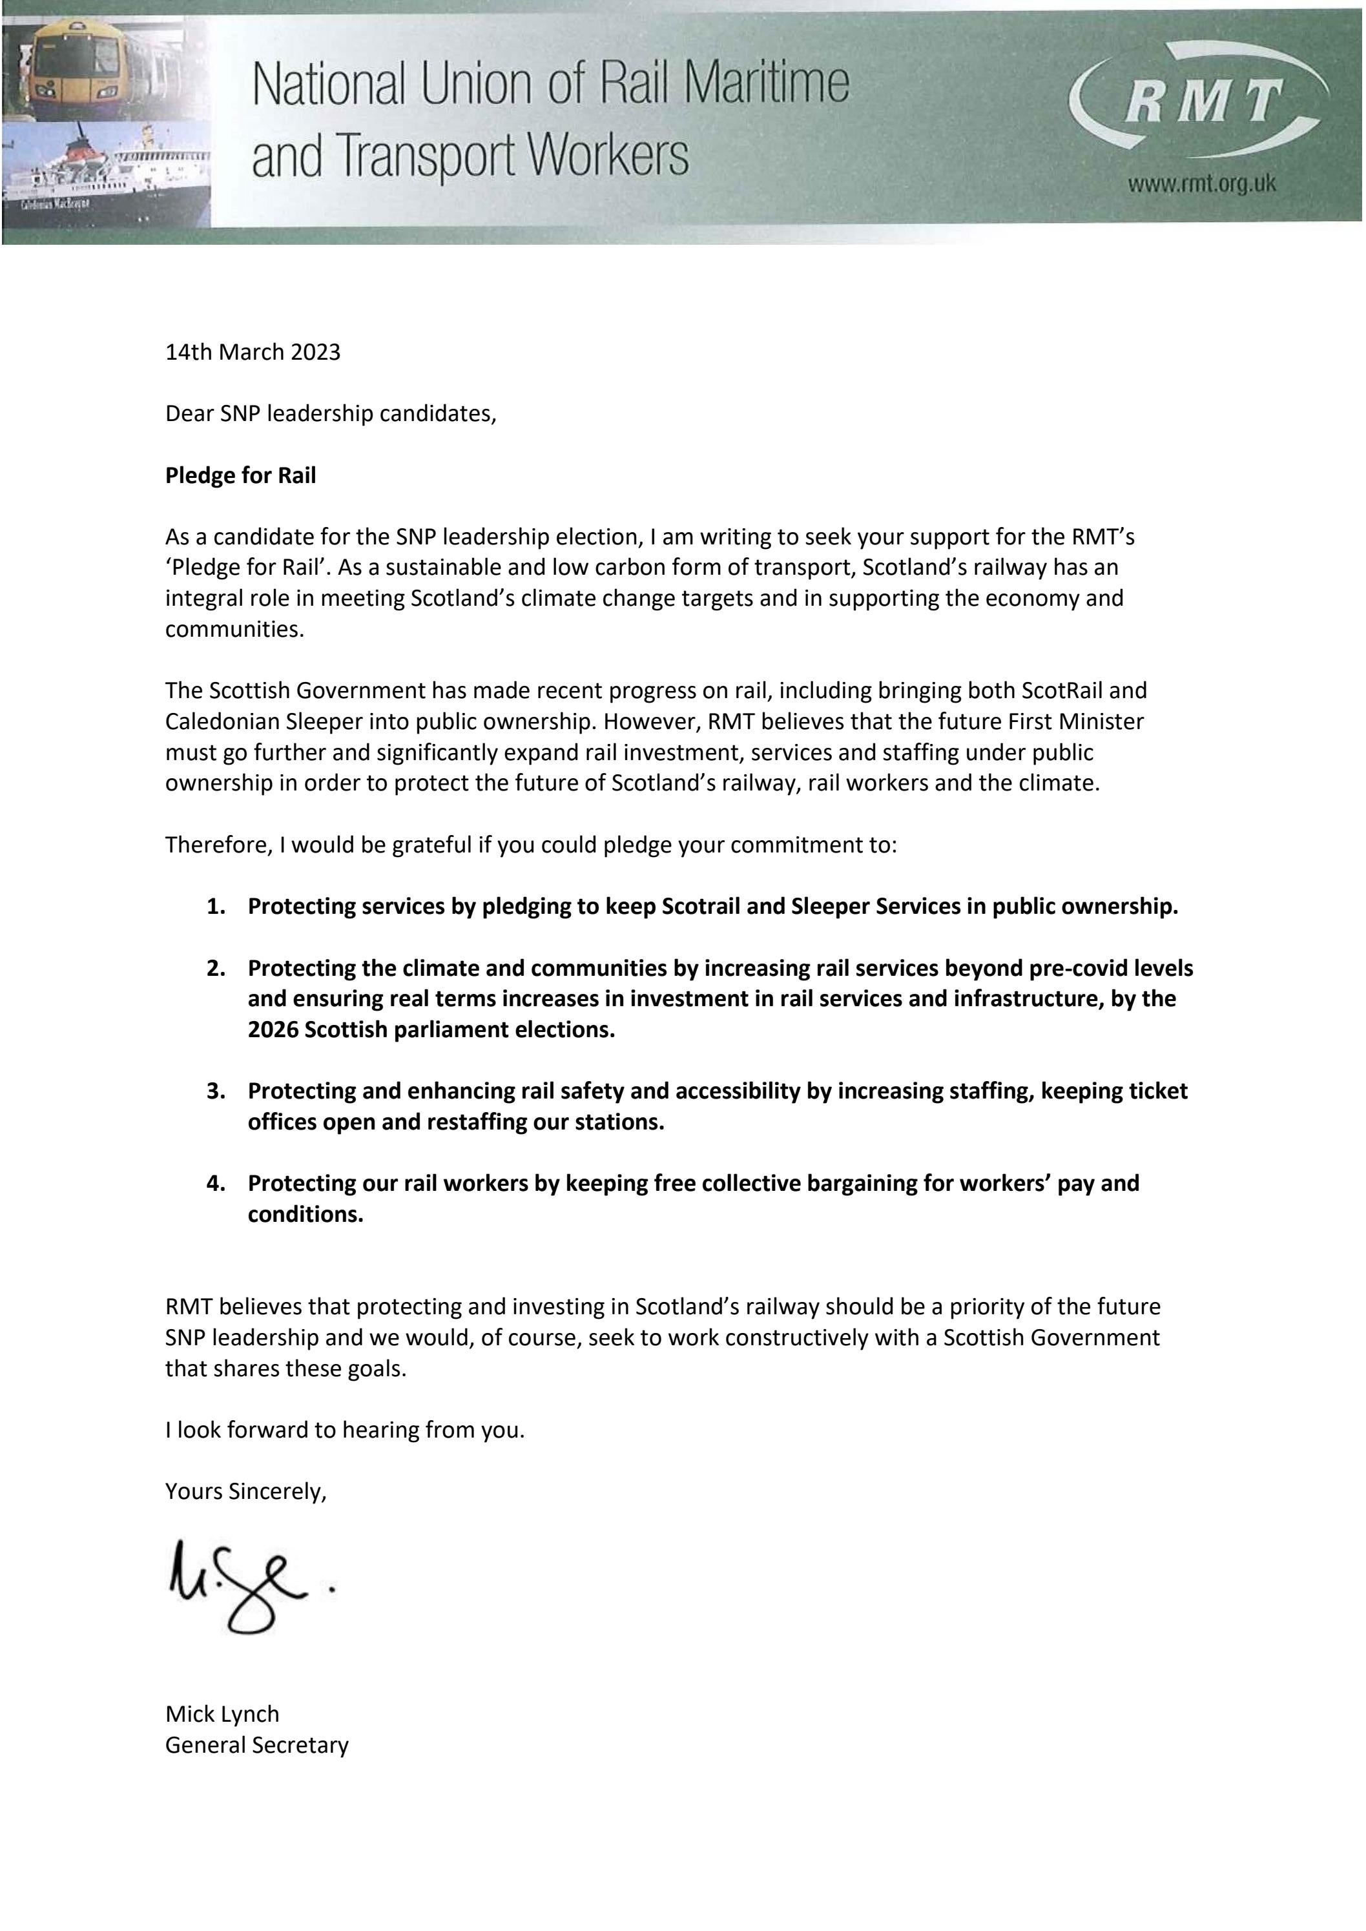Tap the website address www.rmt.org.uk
(1201, 183)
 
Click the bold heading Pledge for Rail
(240, 475)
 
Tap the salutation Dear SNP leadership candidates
(331, 414)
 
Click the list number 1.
(215, 907)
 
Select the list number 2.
(215, 968)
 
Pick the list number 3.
(215, 1091)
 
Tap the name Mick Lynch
(222, 1714)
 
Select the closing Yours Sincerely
(245, 1491)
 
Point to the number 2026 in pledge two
(273, 1029)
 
